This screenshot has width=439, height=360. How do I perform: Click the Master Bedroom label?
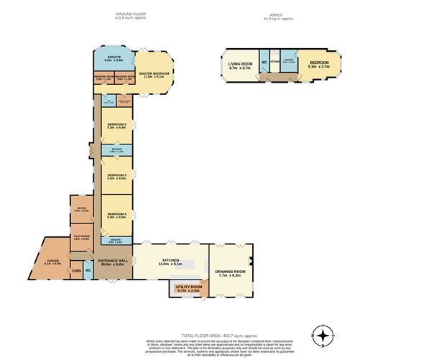153,74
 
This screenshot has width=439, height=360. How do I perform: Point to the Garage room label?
53,261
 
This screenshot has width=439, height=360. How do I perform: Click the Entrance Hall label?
114,261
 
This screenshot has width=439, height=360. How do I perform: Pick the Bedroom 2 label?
116,126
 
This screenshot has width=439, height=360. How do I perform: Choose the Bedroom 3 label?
116,175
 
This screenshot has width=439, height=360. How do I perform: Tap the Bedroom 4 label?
116,214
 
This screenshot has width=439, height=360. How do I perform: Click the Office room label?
80,208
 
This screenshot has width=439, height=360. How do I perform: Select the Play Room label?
80,236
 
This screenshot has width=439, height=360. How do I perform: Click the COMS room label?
76,270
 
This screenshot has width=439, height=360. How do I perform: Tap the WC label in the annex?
264,62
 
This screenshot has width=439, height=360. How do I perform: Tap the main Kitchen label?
170,261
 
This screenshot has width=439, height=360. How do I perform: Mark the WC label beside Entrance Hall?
88,270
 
